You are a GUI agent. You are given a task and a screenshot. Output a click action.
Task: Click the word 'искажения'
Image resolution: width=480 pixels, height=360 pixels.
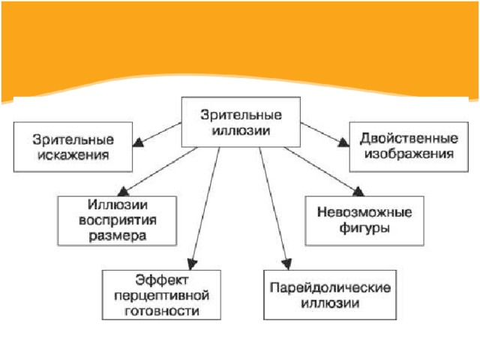pos(73,155)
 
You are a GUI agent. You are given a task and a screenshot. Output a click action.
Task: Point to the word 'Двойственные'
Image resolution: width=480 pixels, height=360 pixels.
pos(409,139)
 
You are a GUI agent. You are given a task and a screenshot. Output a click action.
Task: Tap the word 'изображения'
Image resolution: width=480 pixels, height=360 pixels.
pos(409,154)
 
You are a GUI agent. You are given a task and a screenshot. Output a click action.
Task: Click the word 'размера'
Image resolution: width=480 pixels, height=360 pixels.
pos(118,236)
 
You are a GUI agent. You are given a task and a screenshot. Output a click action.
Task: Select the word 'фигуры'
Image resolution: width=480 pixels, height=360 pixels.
pos(364,228)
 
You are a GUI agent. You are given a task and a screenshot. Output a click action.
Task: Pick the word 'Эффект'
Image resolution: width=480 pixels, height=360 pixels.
pos(162,280)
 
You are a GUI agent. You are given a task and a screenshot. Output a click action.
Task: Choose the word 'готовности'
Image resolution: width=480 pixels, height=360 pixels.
pos(162,311)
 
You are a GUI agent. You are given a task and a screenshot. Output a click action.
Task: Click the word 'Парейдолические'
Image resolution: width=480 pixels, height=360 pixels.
pos(330,288)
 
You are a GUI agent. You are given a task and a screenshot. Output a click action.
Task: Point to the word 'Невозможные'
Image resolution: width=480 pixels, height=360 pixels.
pos(364,212)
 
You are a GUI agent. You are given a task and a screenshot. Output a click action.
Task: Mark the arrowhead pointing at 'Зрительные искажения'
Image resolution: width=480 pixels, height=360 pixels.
pos(138,142)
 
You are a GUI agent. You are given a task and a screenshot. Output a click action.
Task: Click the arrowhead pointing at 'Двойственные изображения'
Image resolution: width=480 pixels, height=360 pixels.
pos(343,142)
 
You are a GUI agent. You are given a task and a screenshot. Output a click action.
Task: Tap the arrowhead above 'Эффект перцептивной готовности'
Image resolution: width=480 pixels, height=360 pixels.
pos(192,265)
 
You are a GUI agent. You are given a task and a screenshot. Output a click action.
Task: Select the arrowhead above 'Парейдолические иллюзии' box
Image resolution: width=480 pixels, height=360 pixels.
pos(286,265)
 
